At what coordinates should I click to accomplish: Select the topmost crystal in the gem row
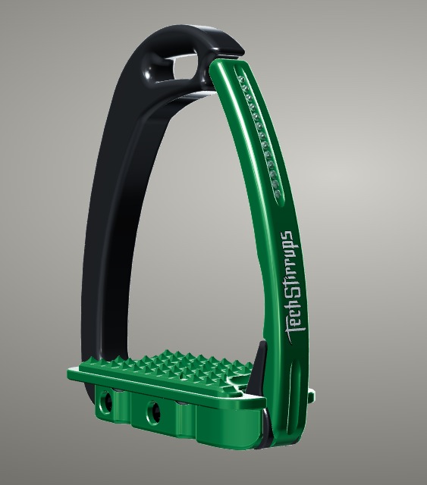coord(243,80)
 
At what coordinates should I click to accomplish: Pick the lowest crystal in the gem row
coord(278,195)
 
